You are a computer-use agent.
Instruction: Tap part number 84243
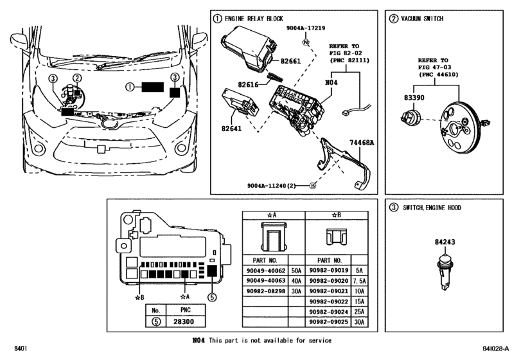click(x=443, y=242)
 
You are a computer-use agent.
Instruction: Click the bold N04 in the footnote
click(x=199, y=339)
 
